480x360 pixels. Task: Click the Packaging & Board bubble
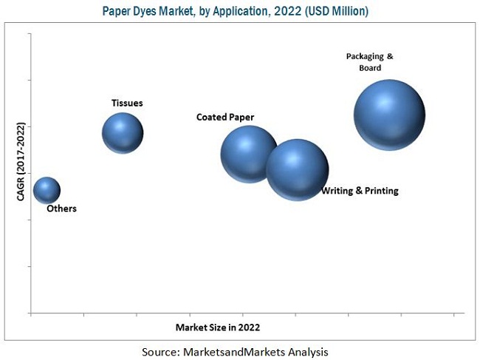point(389,115)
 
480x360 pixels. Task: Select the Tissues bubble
point(123,133)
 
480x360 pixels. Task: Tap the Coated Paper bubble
point(250,154)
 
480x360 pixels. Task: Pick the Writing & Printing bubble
point(298,169)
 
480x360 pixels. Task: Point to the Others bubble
point(47,190)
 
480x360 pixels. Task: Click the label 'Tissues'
point(127,103)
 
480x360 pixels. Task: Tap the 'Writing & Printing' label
point(360,191)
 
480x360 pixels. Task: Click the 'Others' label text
point(61,208)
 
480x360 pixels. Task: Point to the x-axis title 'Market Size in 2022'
point(218,326)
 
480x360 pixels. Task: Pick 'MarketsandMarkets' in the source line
point(238,350)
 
